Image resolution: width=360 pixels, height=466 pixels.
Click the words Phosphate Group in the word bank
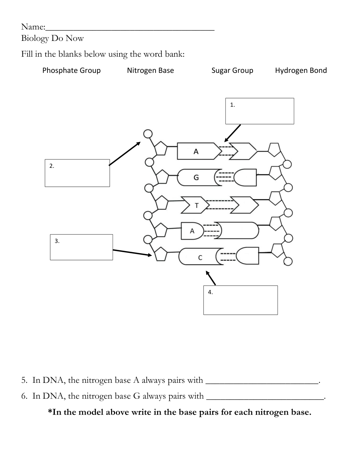[71, 70]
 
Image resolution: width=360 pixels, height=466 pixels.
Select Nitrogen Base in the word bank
[150, 70]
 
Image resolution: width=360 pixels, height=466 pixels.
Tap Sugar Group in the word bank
[232, 70]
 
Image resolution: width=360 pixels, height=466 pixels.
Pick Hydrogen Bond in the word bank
[300, 70]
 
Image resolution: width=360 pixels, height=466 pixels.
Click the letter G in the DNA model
[196, 177]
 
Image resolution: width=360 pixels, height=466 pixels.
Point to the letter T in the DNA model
[196, 205]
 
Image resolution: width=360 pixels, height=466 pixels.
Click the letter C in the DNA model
[200, 258]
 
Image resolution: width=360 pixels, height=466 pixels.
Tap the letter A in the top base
[196, 151]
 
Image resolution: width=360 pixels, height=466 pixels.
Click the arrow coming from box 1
[232, 133]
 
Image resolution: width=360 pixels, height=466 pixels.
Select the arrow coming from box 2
[125, 154]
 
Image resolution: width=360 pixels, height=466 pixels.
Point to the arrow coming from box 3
[132, 253]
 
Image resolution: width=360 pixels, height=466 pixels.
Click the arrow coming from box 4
[211, 278]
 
